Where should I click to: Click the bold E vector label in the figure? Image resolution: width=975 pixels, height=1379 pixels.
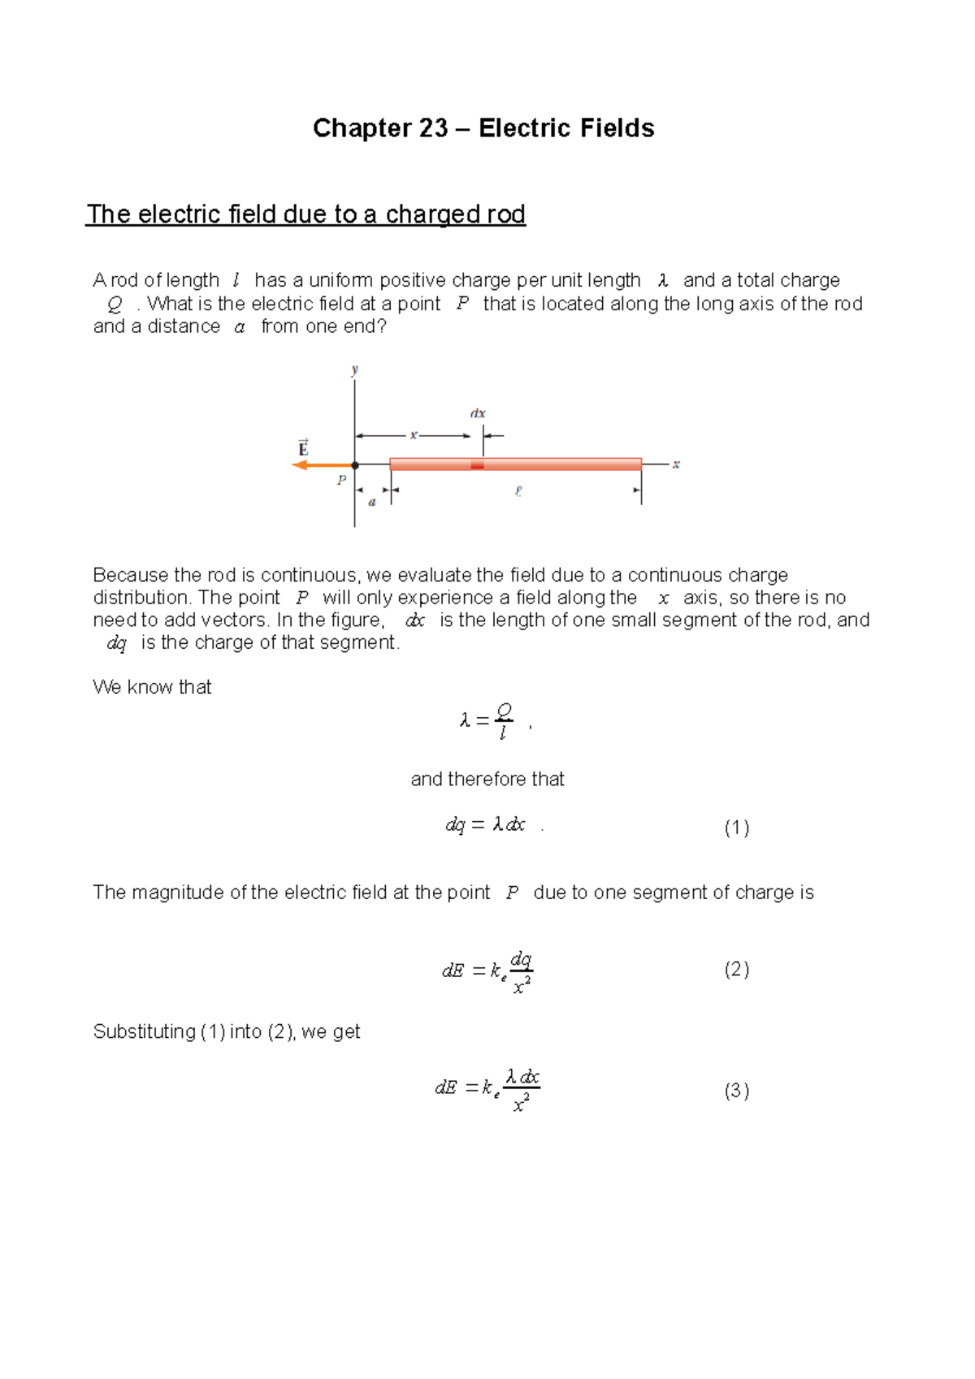(x=303, y=448)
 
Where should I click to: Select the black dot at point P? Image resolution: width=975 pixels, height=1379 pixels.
(x=355, y=465)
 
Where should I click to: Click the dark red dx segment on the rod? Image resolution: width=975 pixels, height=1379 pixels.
(x=478, y=465)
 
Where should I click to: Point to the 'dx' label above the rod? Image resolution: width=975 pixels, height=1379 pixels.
(x=478, y=413)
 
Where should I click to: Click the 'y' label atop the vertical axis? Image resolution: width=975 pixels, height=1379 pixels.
(x=355, y=370)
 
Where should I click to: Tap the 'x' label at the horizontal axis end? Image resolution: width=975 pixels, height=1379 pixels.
(x=676, y=465)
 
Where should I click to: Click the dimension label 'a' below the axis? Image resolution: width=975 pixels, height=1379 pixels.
(x=372, y=502)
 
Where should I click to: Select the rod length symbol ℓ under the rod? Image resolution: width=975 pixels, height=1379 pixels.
(x=518, y=491)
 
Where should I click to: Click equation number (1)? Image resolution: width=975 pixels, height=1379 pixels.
(x=736, y=828)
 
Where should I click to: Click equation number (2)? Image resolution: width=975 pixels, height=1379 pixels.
(x=736, y=969)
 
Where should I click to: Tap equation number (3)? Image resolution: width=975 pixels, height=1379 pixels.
(x=736, y=1091)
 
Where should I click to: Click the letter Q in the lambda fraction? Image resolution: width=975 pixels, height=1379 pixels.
(x=504, y=711)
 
